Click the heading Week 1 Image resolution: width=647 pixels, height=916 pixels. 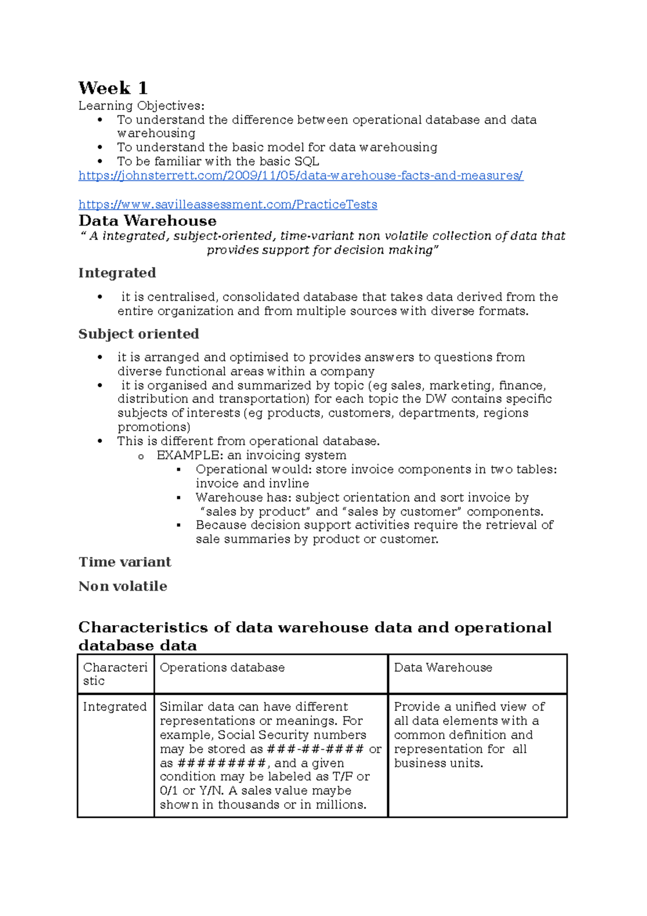coord(113,88)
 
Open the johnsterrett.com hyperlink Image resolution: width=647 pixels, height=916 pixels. coord(300,175)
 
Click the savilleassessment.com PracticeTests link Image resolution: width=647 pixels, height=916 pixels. coord(228,204)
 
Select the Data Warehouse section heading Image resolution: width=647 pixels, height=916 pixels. coord(147,221)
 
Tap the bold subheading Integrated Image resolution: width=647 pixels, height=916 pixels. coord(117,273)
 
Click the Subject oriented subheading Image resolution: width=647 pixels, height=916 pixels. coord(139,334)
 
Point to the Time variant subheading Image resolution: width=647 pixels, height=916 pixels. coord(125,562)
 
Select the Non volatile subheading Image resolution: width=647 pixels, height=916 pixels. coord(122,586)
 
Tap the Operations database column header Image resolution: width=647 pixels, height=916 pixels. coord(222,668)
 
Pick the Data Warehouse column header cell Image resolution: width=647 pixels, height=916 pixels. coord(443,668)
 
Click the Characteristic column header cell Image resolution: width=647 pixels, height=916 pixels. coord(115,674)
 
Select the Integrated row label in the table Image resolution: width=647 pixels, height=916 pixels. coord(114,707)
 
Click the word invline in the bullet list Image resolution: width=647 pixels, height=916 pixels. coord(288,483)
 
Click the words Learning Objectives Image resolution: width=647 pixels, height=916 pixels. coord(141,106)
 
